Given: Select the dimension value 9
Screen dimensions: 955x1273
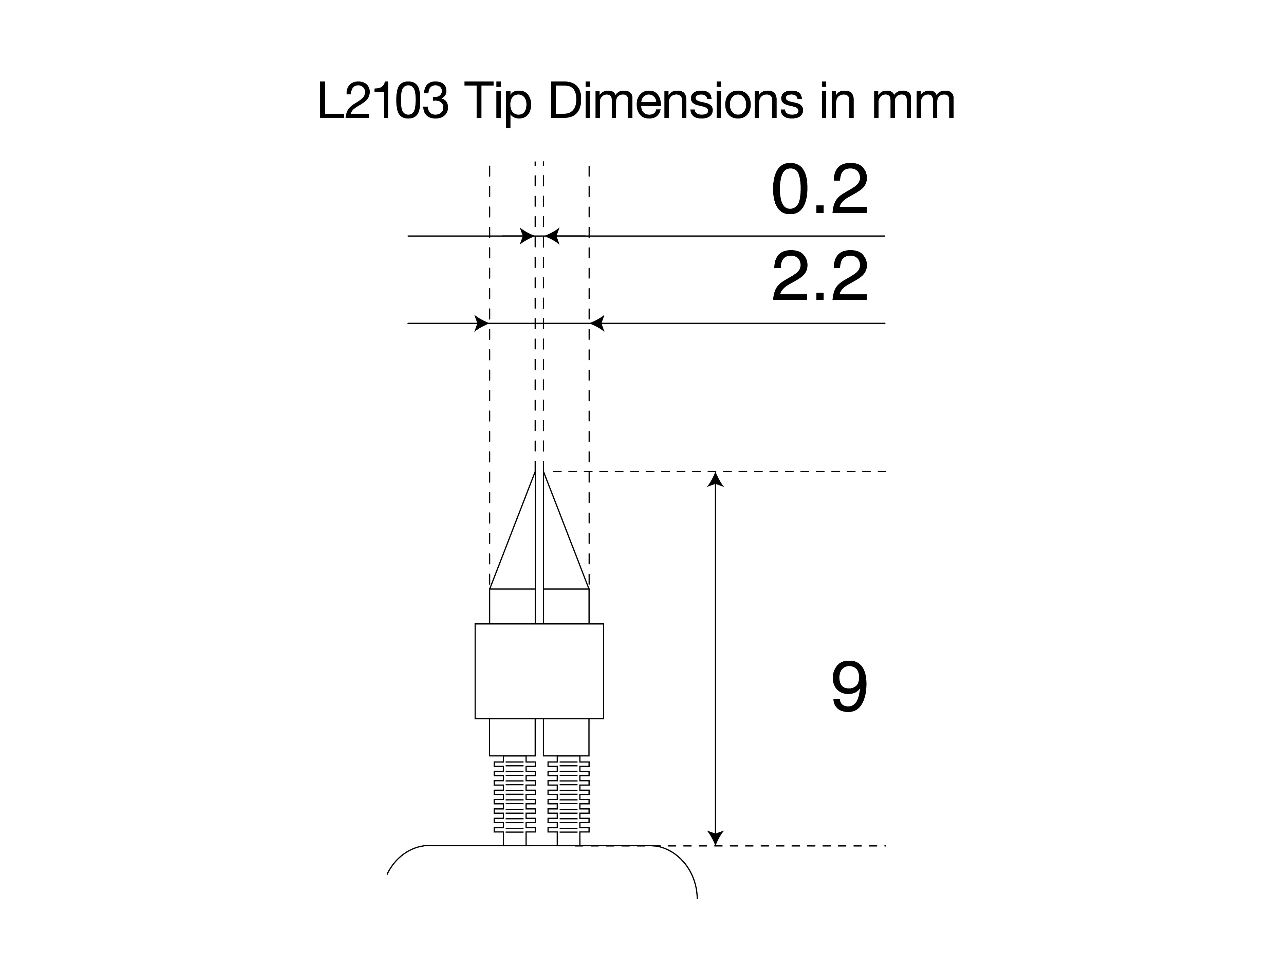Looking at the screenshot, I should [x=849, y=687].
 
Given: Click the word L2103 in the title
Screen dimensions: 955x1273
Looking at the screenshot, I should [x=383, y=102].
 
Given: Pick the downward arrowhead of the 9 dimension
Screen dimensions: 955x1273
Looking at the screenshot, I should [x=715, y=838].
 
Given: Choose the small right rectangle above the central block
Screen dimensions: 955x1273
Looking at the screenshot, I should [x=566, y=606].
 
